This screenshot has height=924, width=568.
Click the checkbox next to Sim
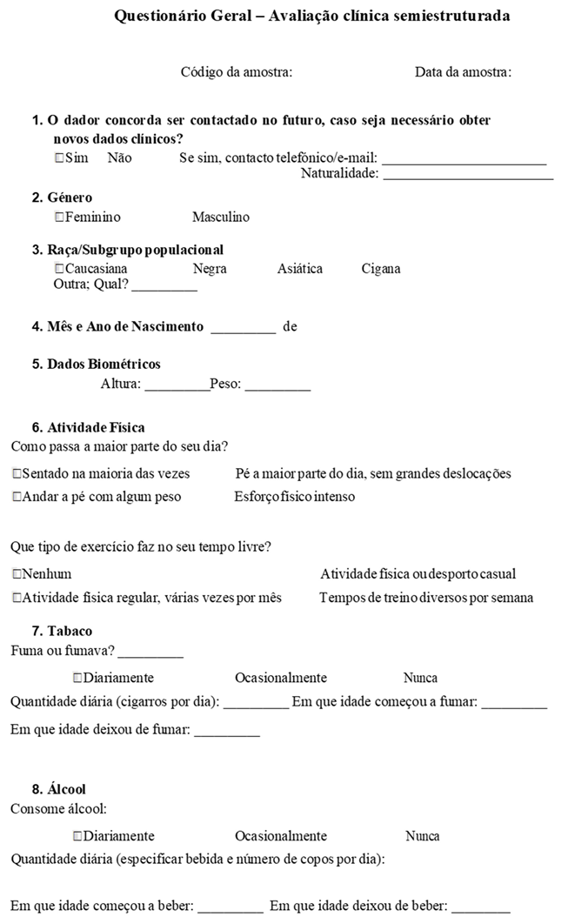pos(59,158)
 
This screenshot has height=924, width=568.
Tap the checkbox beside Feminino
pos(59,217)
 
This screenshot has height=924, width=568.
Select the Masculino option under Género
pos(220,217)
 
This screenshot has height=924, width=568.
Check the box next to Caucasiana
pos(59,269)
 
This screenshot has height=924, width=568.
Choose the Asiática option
pos(299,269)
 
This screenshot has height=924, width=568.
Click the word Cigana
pos(381,269)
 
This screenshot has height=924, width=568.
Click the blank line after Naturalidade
pos(468,175)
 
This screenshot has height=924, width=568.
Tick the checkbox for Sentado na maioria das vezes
pos(17,474)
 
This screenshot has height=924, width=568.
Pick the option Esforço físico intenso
pos(294,497)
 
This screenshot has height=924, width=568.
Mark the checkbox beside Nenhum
pos(17,574)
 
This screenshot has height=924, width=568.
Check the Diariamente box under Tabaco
pos(78,678)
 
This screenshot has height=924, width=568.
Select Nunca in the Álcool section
pos(422,836)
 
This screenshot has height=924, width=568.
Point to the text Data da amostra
pos(462,72)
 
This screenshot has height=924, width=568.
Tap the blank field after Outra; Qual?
pos(164,286)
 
